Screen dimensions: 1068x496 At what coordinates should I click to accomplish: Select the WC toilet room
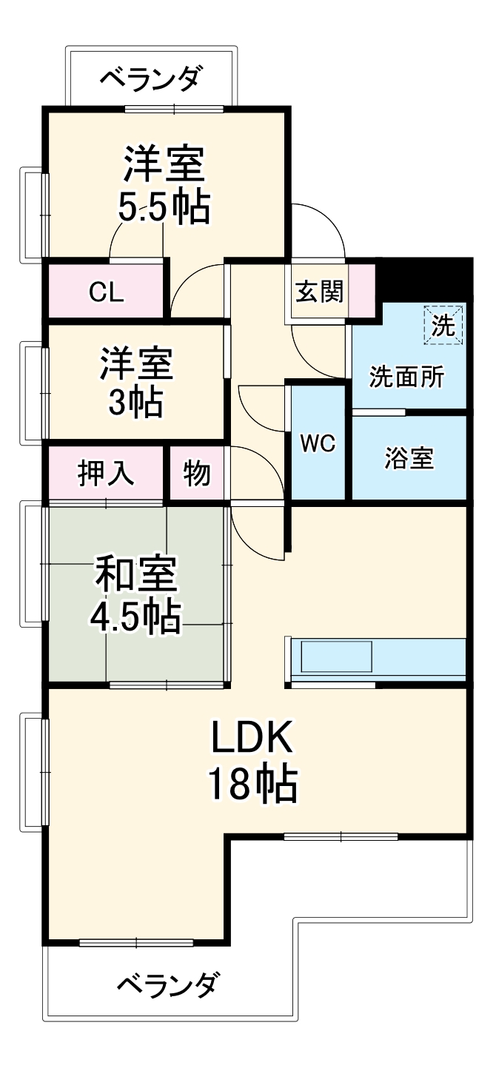[318, 443]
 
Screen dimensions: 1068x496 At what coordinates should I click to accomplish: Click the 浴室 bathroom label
[409, 458]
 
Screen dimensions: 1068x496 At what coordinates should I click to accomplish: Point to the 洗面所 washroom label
[407, 377]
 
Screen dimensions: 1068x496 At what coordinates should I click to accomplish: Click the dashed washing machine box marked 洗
[443, 326]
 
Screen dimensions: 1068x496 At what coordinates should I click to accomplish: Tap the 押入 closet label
[107, 474]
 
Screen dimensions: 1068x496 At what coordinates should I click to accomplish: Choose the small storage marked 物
[197, 474]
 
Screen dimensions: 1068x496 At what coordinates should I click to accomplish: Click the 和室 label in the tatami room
[136, 575]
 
